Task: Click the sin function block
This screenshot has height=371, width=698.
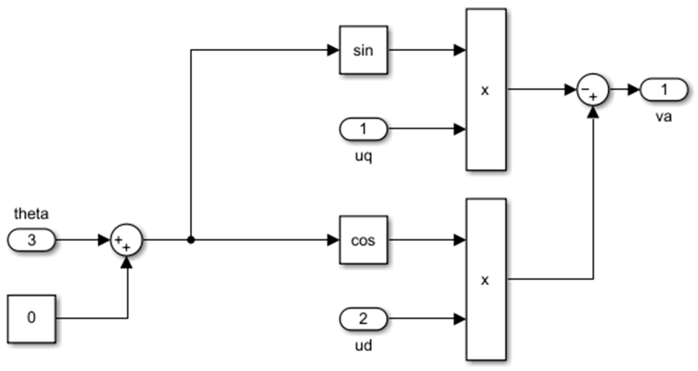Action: tap(363, 50)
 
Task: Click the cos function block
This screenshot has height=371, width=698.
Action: tap(363, 240)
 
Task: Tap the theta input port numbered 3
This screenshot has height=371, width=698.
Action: tap(32, 240)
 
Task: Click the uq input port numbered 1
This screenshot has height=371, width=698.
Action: tap(363, 129)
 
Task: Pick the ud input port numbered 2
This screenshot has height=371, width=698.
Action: tap(363, 319)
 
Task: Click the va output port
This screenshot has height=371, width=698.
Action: tap(664, 90)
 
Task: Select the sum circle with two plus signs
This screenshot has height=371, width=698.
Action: tap(126, 240)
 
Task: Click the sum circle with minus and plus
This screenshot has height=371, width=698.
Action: tap(593, 90)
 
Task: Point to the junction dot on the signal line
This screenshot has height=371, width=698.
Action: tap(191, 240)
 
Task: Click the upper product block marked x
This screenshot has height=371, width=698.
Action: tap(486, 90)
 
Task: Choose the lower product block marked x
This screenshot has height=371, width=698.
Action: tap(486, 280)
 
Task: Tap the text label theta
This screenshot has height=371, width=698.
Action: tap(32, 214)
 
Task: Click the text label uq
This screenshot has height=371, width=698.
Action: tap(363, 156)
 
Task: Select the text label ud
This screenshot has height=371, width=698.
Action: tap(363, 346)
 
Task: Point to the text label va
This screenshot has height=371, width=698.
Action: tap(664, 116)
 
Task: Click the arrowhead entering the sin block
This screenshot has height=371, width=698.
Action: tap(333, 50)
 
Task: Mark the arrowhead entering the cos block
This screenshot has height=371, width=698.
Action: tap(333, 240)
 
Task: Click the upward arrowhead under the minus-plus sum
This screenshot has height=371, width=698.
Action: tap(593, 112)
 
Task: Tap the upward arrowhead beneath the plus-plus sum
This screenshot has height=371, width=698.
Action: tap(127, 262)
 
